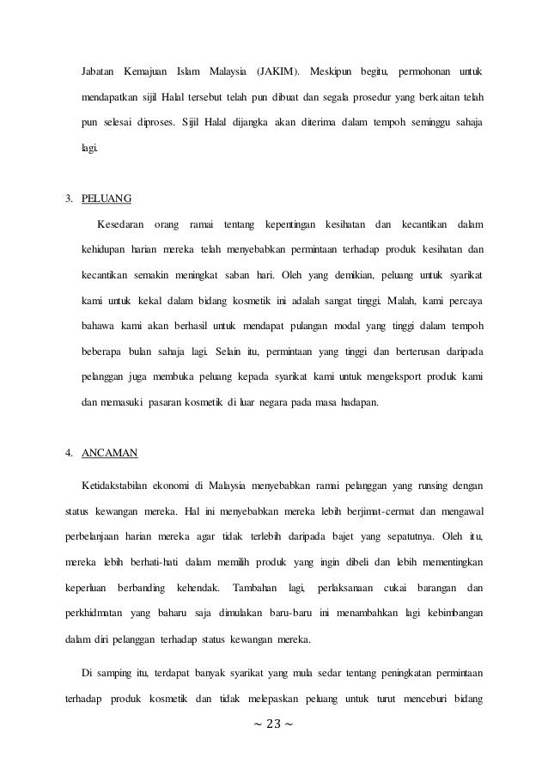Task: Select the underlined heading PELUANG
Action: pyautogui.click(x=107, y=200)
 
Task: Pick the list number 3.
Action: pyautogui.click(x=69, y=200)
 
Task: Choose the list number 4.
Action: pyautogui.click(x=69, y=451)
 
